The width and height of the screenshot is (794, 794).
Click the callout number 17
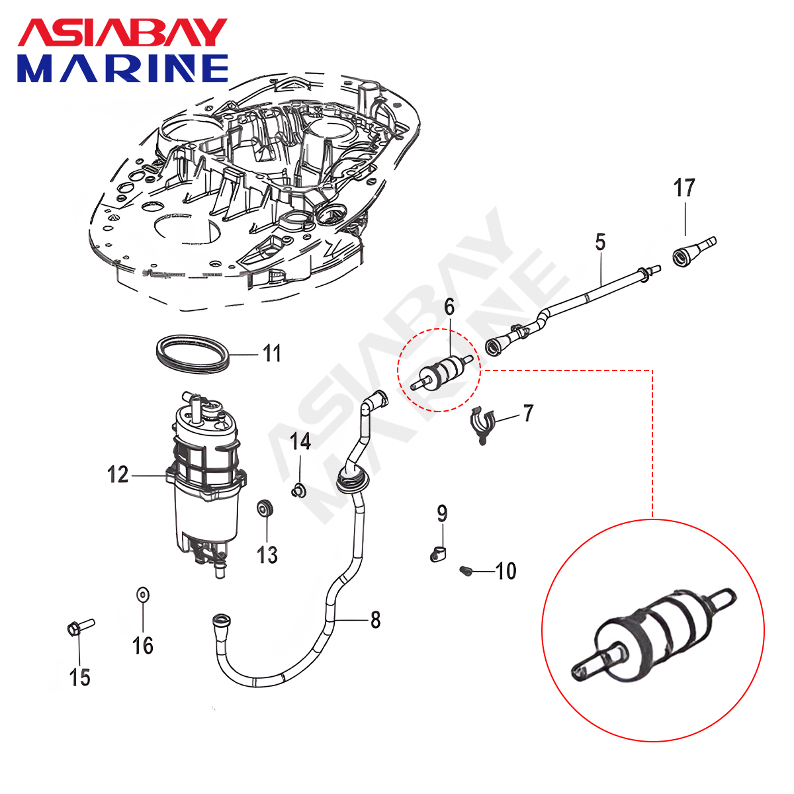click(x=684, y=188)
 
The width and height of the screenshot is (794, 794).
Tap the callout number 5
click(x=599, y=242)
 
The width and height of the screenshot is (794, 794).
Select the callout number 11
click(x=272, y=353)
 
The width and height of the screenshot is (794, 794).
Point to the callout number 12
click(x=118, y=474)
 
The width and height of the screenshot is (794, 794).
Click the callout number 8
click(x=375, y=620)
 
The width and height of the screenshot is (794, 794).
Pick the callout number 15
click(x=79, y=677)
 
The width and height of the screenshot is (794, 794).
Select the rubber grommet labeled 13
click(x=266, y=509)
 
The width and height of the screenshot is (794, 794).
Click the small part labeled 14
click(x=298, y=490)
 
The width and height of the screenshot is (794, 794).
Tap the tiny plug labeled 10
click(x=465, y=570)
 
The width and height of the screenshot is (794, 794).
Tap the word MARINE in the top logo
click(x=123, y=68)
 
